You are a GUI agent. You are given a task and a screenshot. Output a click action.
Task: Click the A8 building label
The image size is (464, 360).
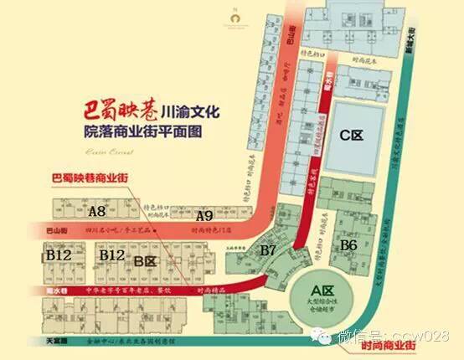pyautogui.click(x=96, y=211)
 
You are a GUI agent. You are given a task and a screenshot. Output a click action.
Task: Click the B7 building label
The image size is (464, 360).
pyautogui.click(x=269, y=249)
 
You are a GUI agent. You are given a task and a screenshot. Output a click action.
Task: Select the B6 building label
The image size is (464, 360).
pyautogui.click(x=349, y=244)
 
